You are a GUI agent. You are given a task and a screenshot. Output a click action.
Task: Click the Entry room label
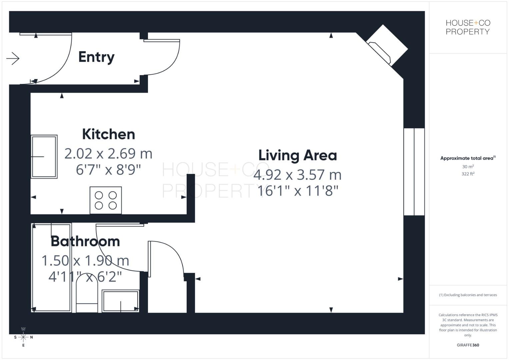[96, 57]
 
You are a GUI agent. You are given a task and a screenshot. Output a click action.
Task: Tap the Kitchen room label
[108, 134]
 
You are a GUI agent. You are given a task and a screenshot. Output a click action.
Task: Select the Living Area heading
[297, 155]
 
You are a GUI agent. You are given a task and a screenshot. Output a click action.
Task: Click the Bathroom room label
[85, 241]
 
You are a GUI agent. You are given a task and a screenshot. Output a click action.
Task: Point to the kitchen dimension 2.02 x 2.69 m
[108, 154]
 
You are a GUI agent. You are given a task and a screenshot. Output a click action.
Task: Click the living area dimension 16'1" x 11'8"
[298, 191]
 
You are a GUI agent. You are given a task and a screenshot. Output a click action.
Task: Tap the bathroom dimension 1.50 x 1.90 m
[85, 261]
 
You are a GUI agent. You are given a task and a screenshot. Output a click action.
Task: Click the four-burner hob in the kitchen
[106, 200]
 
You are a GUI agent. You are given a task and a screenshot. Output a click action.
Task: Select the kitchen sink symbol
[44, 156]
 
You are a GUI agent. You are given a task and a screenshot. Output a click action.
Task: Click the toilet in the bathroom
[87, 295]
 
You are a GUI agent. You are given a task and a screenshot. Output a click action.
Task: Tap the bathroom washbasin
[120, 301]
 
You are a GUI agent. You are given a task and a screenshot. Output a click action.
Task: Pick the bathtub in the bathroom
[51, 268]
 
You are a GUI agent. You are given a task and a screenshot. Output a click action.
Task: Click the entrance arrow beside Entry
[13, 59]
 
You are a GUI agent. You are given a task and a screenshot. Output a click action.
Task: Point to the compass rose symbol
[23, 337]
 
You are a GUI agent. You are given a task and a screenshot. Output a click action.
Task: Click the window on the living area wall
[414, 172]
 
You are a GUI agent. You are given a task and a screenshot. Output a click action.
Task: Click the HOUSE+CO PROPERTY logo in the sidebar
[468, 27]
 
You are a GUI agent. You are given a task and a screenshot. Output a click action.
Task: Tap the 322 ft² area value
[468, 174]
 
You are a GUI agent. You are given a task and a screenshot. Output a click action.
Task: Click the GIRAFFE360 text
[468, 345]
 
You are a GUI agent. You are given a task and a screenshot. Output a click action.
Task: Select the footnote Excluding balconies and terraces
[468, 295]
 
